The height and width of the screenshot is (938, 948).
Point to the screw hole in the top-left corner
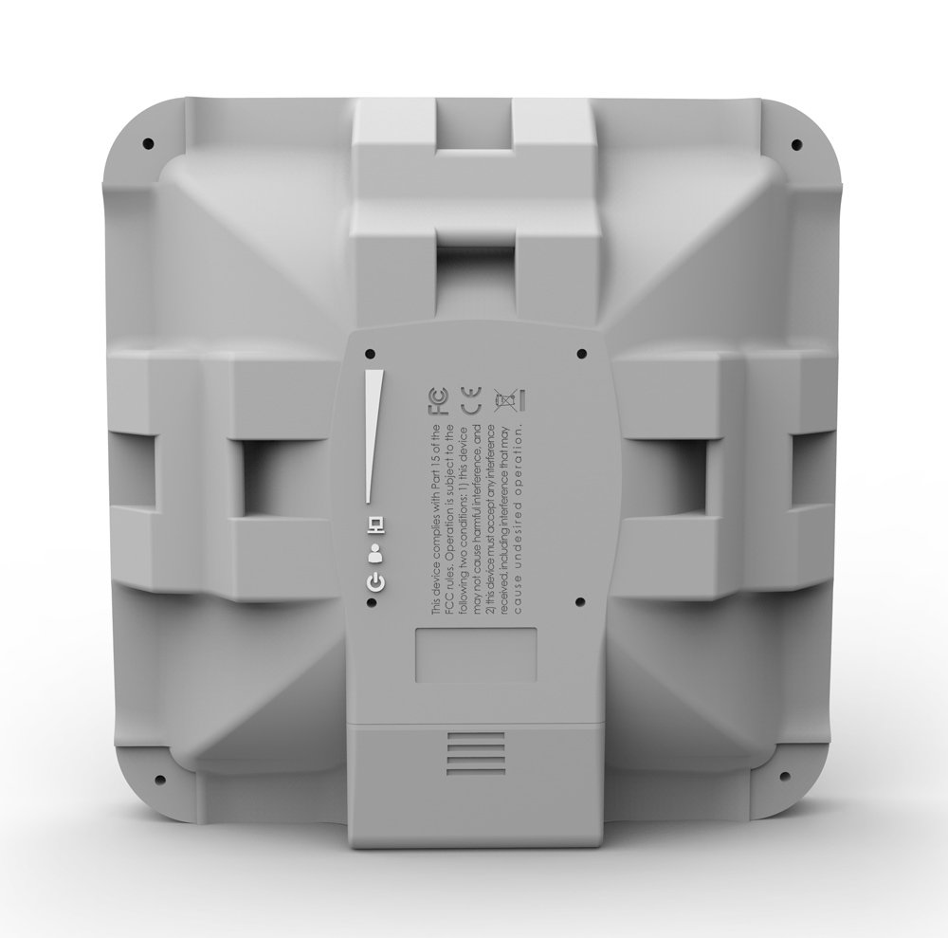click(148, 143)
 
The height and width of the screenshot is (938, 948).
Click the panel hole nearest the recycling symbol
click(579, 353)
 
